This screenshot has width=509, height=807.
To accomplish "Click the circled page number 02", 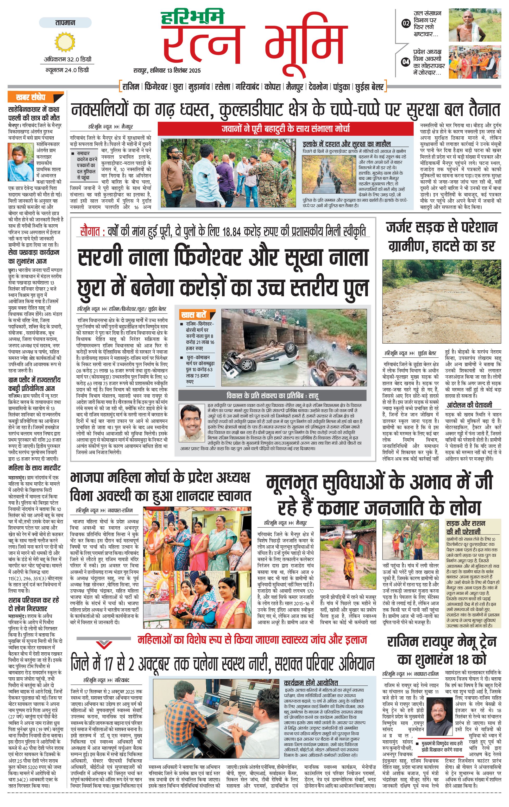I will [x=406, y=23].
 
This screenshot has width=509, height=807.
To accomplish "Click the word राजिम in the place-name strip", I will [x=131, y=87].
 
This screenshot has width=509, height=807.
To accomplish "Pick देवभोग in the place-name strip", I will [x=318, y=87].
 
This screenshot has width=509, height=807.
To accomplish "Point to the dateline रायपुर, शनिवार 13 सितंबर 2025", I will [x=167, y=70].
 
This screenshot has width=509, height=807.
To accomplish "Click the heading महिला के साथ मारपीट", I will [x=34, y=468].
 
